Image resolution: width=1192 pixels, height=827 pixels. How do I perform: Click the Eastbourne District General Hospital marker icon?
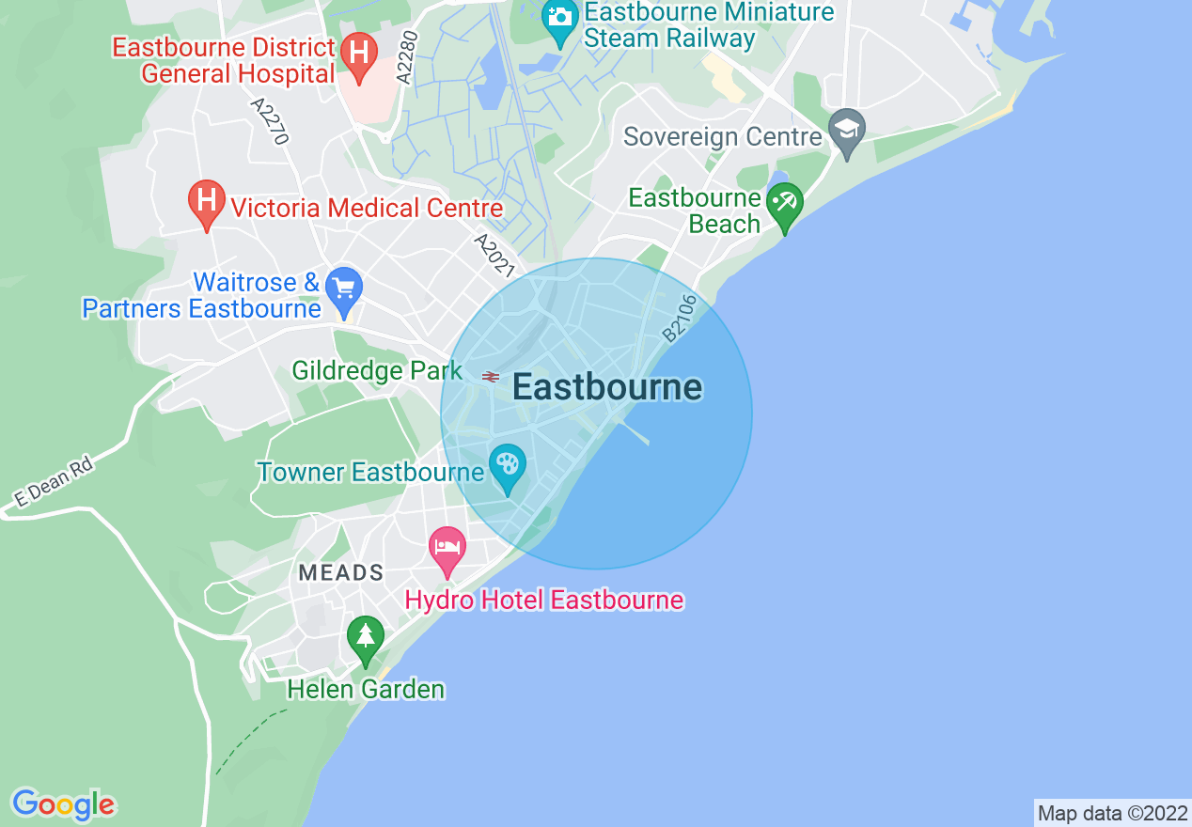click(358, 52)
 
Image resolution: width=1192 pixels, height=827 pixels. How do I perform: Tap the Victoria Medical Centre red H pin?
click(207, 202)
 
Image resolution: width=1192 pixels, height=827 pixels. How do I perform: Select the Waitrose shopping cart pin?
click(344, 289)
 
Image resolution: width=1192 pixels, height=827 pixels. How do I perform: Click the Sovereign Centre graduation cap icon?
click(847, 132)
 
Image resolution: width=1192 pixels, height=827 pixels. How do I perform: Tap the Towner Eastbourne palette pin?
click(508, 466)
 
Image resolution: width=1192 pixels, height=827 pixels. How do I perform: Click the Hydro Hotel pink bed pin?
click(447, 549)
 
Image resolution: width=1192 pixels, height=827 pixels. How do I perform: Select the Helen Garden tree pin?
click(366, 639)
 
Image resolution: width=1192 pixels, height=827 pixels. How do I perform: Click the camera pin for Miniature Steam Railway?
click(560, 19)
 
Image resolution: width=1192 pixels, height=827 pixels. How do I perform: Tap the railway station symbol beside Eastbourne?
click(491, 377)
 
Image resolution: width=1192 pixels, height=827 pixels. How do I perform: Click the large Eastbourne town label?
click(607, 387)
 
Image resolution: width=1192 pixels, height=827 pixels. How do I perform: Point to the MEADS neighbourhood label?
click(341, 572)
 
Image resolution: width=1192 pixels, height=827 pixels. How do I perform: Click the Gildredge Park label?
click(377, 370)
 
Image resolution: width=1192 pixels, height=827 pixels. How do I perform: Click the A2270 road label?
click(270, 120)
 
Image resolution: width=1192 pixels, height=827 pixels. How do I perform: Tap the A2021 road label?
click(494, 256)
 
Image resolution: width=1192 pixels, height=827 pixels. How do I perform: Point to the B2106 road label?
click(680, 318)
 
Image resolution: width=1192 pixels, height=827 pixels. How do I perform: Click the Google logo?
click(64, 804)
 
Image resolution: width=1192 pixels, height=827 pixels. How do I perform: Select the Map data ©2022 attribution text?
click(1112, 813)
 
